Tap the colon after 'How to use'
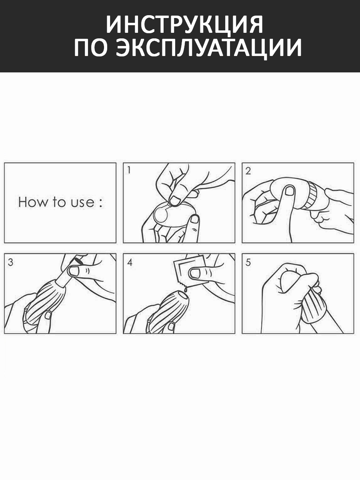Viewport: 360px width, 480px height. (100, 203)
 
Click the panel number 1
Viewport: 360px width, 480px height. (129, 170)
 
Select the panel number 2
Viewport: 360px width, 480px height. (248, 171)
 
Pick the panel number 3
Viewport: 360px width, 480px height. (10, 262)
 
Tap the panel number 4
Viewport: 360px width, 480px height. (130, 262)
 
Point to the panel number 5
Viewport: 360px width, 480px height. (248, 262)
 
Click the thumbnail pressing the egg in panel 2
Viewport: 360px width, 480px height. (290, 191)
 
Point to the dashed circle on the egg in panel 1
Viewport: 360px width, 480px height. (161, 214)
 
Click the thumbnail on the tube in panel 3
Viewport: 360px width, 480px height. (74, 271)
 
